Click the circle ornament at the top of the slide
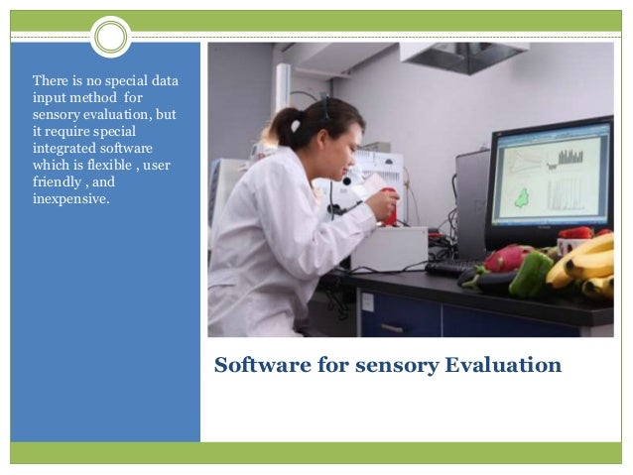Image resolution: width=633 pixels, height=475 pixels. point(110,37)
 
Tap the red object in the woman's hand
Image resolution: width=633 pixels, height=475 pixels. point(389,202)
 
